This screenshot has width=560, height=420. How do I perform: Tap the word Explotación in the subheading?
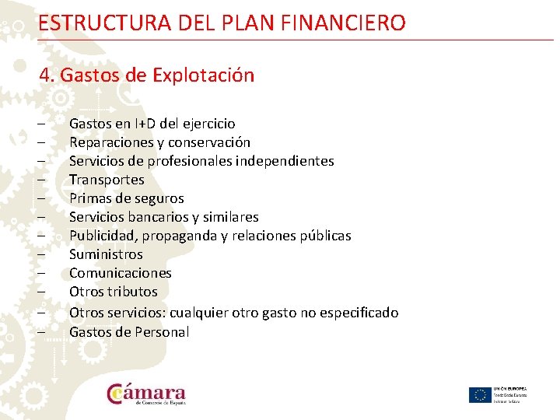203,75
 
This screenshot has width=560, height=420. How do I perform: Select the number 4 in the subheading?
45,75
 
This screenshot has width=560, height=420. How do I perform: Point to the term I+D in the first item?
145,124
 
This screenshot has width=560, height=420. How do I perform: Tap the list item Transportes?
107,180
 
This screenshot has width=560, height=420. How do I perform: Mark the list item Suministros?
106,254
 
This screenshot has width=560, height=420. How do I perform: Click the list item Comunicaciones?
121,273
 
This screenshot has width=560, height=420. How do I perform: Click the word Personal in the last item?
161,332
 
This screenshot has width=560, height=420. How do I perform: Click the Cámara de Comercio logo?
147,394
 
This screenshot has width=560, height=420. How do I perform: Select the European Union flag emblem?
479,394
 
